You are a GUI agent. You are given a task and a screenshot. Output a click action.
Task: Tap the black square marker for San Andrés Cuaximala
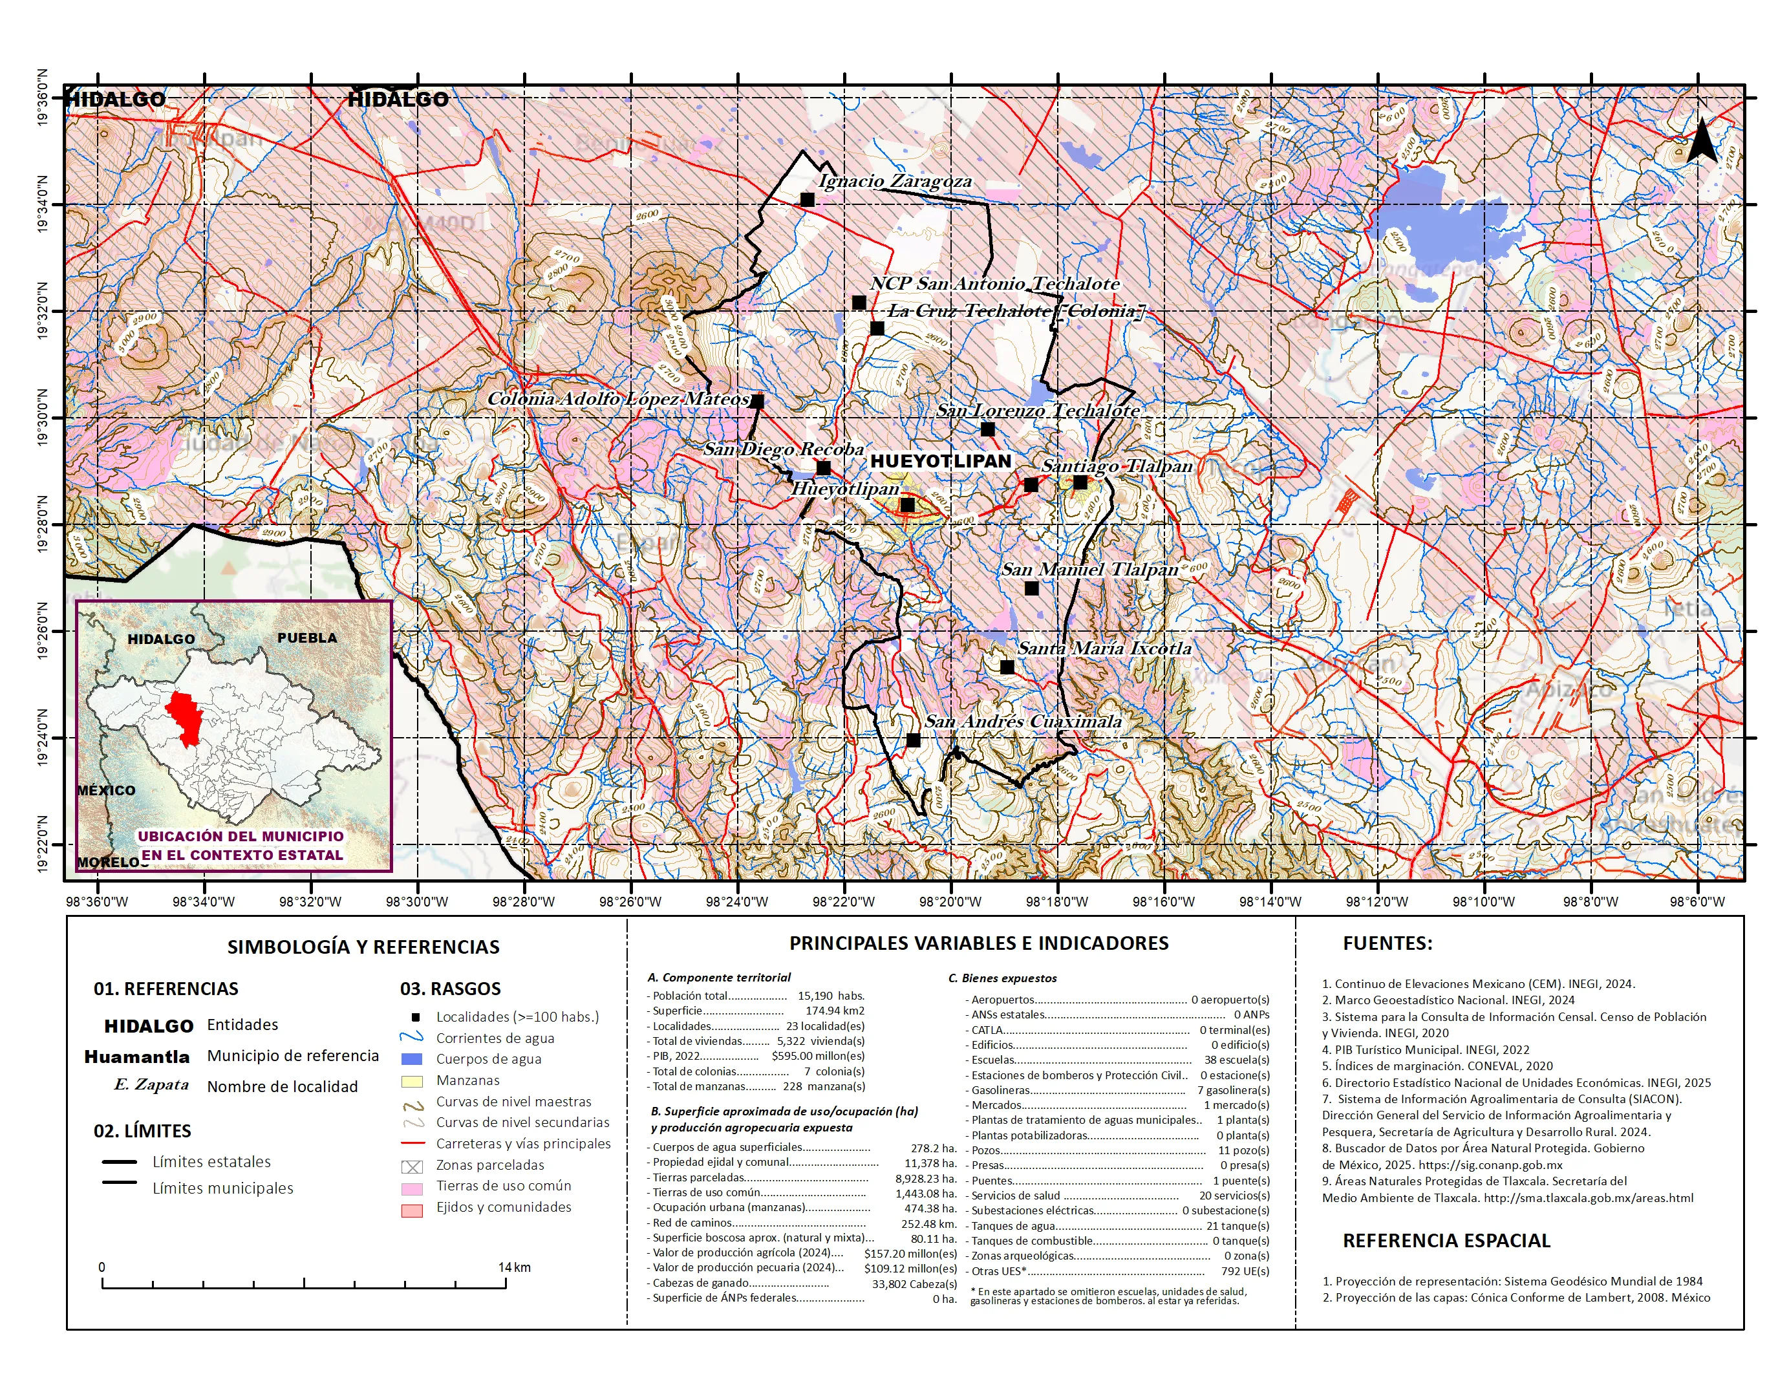[914, 740]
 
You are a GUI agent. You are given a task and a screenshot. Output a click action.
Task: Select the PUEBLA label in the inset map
[307, 638]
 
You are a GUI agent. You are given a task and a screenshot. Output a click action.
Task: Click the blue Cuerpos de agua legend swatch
[412, 1059]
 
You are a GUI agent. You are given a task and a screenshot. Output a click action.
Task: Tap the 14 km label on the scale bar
[515, 1267]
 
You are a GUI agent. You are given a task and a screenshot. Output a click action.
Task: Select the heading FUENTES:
[1387, 943]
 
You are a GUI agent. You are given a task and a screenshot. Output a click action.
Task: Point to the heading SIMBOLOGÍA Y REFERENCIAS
[363, 947]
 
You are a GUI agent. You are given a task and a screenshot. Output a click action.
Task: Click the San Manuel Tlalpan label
[1089, 569]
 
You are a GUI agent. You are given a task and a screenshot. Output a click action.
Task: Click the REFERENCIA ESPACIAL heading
[1446, 1241]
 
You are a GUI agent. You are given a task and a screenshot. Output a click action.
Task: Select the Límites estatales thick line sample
[119, 1161]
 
